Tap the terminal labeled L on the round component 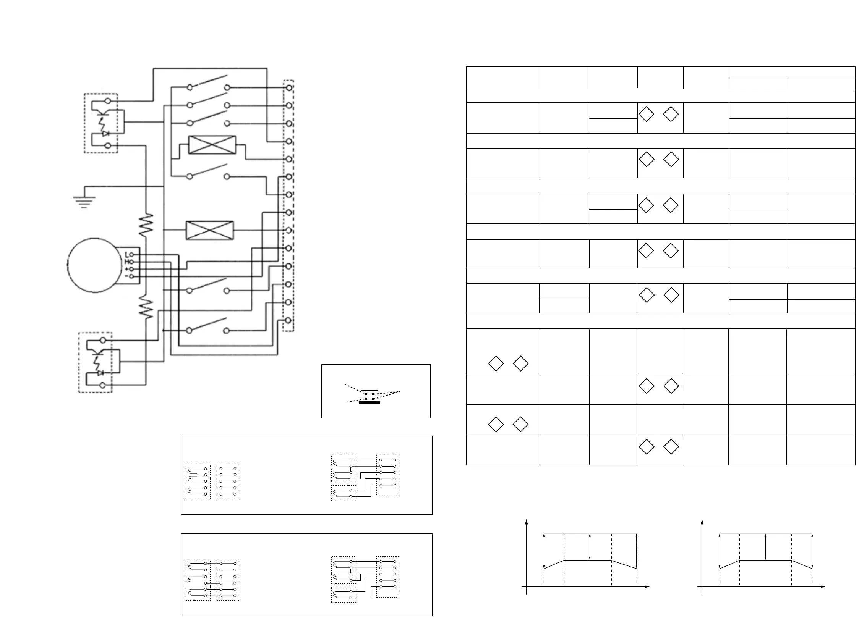point(132,255)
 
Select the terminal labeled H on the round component point(132,262)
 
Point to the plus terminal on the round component point(132,269)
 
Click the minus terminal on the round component point(132,276)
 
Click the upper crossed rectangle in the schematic point(212,145)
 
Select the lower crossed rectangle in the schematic point(209,230)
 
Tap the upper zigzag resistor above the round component point(146,225)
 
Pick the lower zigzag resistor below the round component point(146,306)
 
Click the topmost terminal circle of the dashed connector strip point(289,87)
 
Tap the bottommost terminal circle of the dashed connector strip point(288,320)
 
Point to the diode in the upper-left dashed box point(105,134)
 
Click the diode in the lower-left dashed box point(100,373)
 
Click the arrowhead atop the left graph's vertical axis point(527,522)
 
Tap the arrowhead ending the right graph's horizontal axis point(823,598)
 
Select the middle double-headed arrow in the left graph point(590,547)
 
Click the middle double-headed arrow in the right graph point(766,547)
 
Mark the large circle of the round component point(95,265)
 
